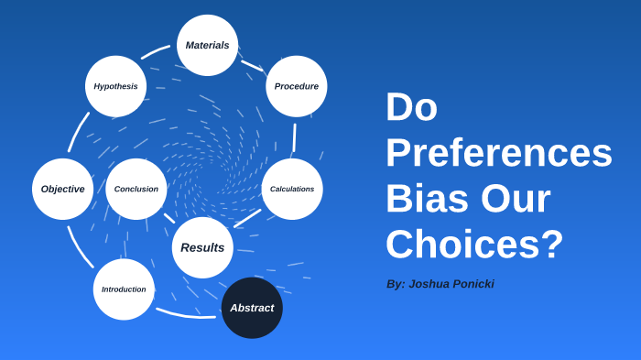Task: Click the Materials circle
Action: tap(207, 45)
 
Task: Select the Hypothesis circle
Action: tap(115, 86)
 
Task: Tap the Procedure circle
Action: tap(297, 86)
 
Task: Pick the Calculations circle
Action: tap(292, 189)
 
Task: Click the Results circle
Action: tap(202, 247)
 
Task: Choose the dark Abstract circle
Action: tap(252, 308)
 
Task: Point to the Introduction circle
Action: tap(124, 289)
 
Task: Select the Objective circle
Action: tap(62, 189)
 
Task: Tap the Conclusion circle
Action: tap(136, 189)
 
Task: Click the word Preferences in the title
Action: tap(498, 153)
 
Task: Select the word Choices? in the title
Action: tap(473, 245)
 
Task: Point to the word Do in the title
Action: tap(411, 107)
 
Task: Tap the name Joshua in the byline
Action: tap(435, 284)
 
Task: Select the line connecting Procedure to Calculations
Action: tap(294, 137)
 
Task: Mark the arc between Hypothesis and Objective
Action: tap(78, 132)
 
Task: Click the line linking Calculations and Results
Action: tap(247, 218)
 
